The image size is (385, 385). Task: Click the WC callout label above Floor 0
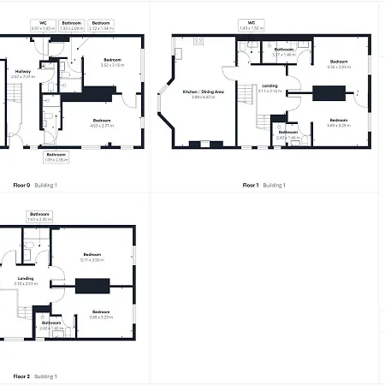[43, 26]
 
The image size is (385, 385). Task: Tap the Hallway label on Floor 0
[24, 74]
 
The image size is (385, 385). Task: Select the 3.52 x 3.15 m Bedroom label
[112, 62]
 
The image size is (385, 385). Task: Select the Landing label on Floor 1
[269, 88]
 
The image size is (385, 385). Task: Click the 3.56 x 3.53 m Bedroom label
[339, 64]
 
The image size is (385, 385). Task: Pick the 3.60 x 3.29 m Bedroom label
[338, 121]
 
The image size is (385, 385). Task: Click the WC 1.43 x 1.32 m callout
[252, 26]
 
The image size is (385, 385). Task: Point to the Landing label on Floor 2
[25, 280]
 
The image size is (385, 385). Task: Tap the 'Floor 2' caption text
[21, 376]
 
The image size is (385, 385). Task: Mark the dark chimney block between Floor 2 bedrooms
[92, 287]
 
